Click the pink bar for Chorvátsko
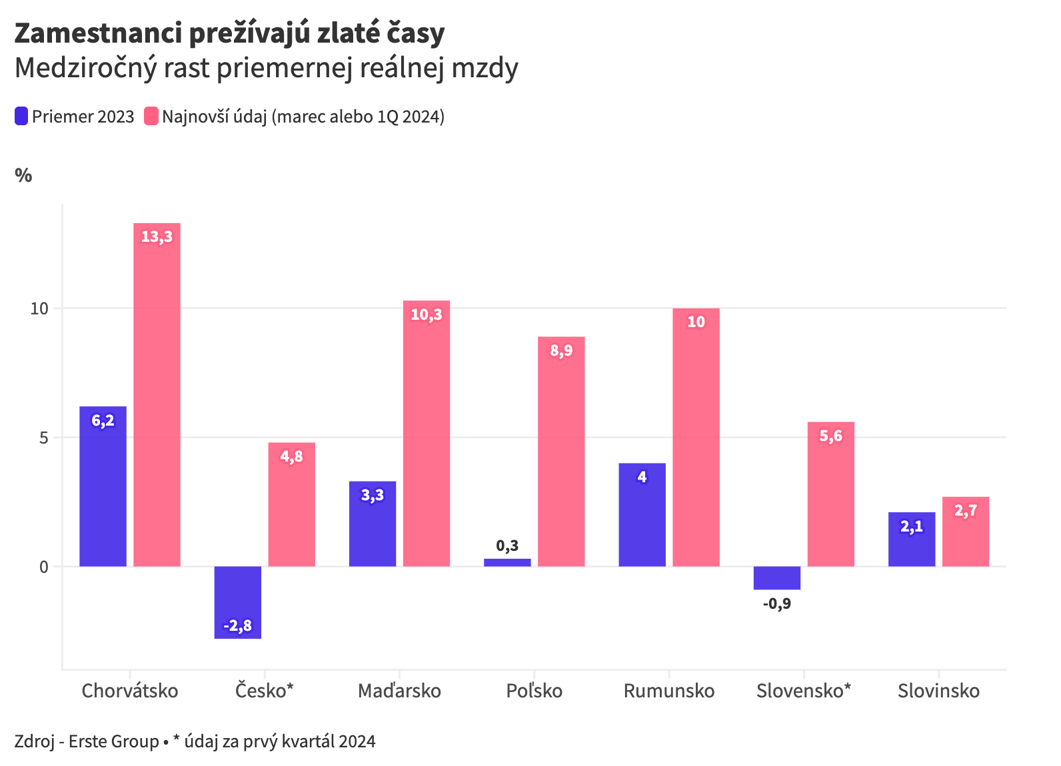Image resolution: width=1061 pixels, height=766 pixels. click(x=157, y=400)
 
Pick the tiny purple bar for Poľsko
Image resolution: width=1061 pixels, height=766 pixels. click(x=507, y=563)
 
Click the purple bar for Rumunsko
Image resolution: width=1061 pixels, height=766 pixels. click(x=642, y=520)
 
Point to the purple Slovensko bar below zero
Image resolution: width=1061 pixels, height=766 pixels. click(x=776, y=577)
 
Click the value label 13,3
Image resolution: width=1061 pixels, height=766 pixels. click(x=157, y=236)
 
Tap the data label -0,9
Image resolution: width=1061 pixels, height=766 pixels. click(x=776, y=603)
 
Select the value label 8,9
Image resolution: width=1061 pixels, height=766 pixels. click(x=561, y=350)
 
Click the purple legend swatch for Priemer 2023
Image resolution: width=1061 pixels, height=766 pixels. click(x=21, y=117)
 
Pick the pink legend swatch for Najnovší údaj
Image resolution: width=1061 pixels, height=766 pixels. click(x=151, y=117)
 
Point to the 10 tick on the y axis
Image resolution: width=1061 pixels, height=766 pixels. click(x=39, y=308)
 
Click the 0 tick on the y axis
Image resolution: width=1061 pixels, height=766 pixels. click(x=44, y=567)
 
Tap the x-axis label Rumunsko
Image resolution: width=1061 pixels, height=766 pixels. click(x=668, y=691)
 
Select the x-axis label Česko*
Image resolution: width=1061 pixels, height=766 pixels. click(x=264, y=691)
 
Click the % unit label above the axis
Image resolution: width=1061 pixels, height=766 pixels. click(x=23, y=175)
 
